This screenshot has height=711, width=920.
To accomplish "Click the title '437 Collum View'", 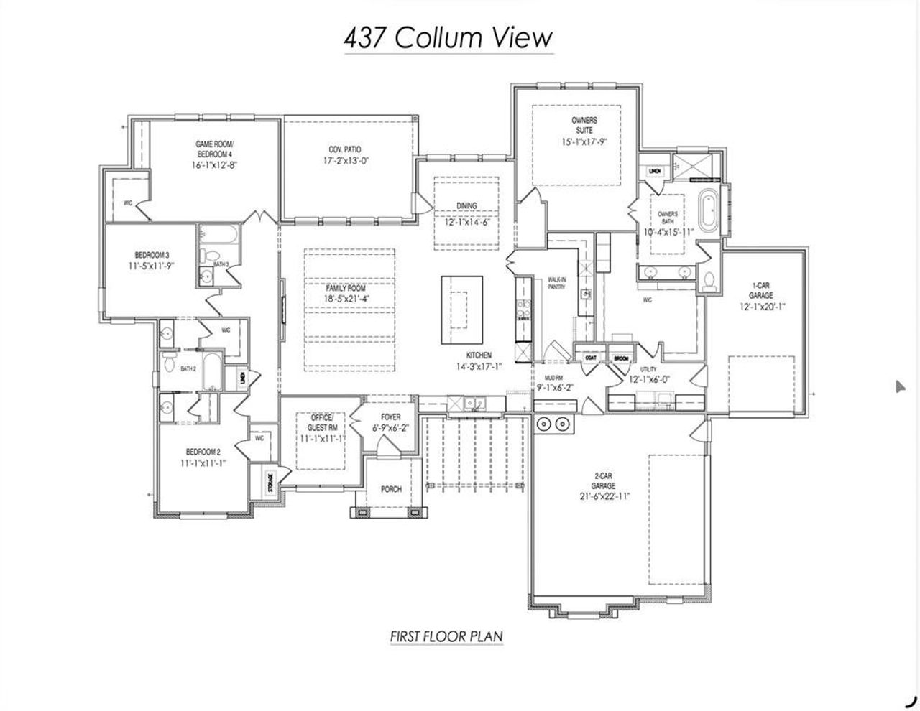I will tap(448, 38).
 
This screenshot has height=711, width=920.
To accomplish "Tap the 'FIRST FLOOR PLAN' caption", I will tap(446, 636).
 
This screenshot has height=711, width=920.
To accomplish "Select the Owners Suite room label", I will tap(584, 125).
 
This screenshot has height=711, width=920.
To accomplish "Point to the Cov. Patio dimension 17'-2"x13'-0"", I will tap(345, 162).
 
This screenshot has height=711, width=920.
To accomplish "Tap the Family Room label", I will tap(346, 288).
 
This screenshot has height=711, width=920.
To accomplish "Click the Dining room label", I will tap(466, 206).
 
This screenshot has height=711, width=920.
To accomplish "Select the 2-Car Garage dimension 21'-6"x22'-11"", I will tap(603, 496).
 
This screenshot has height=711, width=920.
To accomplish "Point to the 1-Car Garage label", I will tap(760, 290).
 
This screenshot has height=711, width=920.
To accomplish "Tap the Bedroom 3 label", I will tap(152, 255).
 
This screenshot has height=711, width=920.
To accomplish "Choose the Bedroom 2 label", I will tap(202, 452).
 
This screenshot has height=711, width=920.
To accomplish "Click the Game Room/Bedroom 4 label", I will tap(214, 149).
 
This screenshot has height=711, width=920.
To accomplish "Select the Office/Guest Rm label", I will tap(323, 422).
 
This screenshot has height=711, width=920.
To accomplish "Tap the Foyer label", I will tap(391, 417).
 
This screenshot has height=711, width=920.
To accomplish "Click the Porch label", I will tap(391, 489).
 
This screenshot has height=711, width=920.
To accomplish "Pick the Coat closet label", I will tap(591, 358).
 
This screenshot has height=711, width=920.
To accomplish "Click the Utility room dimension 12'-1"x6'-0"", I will tap(650, 379).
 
